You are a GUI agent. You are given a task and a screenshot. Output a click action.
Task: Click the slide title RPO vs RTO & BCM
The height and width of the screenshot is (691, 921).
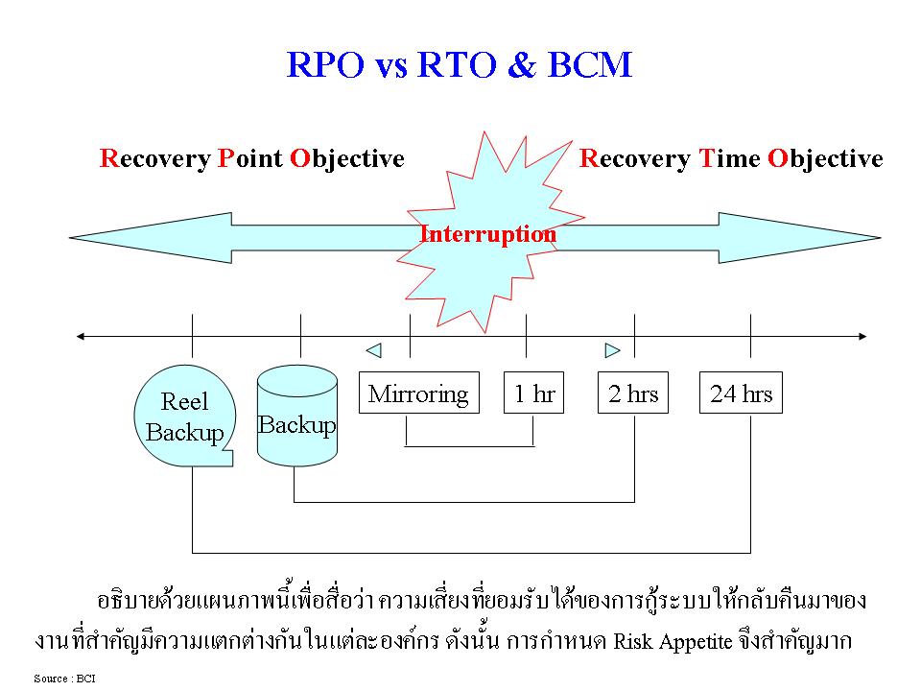pos(460,64)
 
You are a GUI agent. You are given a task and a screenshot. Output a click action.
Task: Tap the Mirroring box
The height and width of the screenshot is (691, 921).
pos(418,393)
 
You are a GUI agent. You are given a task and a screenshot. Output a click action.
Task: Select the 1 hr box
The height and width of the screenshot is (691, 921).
pos(534,393)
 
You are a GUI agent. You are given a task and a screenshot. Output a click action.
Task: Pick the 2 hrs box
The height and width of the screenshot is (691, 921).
pos(634,393)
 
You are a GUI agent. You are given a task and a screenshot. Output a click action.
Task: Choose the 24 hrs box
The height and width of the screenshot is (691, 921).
pos(741,393)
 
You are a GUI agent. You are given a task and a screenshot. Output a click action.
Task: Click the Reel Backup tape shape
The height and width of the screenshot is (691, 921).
pos(185,418)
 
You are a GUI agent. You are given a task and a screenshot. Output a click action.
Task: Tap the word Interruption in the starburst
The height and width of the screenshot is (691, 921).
pos(487,234)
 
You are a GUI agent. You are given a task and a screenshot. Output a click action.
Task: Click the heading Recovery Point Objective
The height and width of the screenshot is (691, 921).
pos(251,158)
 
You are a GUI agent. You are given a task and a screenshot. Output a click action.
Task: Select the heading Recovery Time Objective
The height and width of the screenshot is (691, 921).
pos(731,158)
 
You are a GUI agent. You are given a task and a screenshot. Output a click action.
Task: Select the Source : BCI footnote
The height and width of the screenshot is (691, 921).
pos(65,679)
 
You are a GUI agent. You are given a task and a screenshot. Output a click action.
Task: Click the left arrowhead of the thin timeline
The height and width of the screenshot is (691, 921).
pos(82,336)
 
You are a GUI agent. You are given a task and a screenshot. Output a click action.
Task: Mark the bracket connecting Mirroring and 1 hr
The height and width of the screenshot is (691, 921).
pos(469,446)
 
